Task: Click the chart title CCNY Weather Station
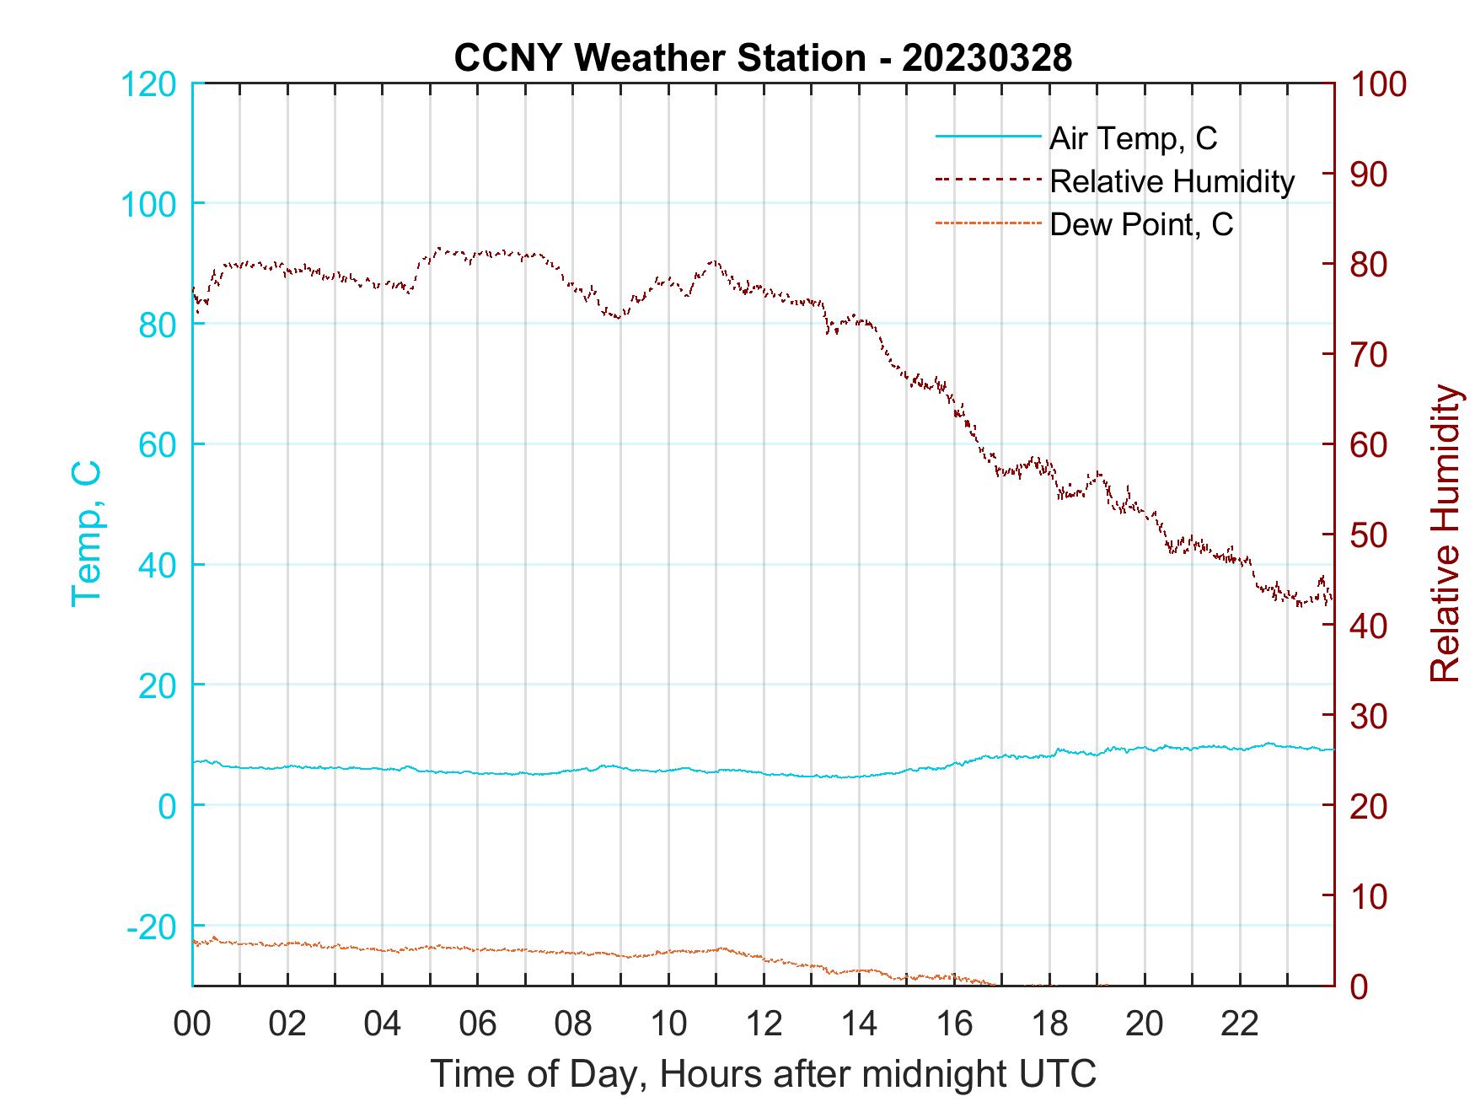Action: click(x=763, y=58)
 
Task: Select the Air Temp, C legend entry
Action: click(x=1132, y=138)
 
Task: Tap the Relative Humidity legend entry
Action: click(x=1171, y=181)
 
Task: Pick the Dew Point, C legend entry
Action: click(x=1140, y=225)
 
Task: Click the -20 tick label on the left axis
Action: click(x=152, y=927)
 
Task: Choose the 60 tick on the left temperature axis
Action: click(x=158, y=445)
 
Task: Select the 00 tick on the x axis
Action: click(x=192, y=1024)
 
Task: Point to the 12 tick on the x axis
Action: click(x=764, y=1024)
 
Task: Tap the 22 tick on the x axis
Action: click(x=1240, y=1024)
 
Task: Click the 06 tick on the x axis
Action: click(x=478, y=1024)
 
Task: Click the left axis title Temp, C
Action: click(x=86, y=534)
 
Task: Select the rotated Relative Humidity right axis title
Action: click(x=1445, y=534)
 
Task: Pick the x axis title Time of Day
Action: click(x=763, y=1075)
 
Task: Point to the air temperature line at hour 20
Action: click(x=1145, y=748)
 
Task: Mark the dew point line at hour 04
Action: click(x=383, y=950)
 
